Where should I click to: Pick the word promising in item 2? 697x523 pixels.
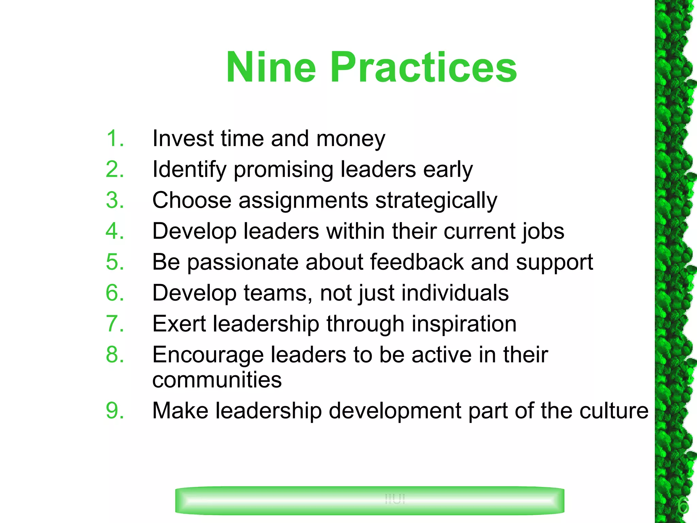(283, 170)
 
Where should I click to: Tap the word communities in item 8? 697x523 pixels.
(217, 380)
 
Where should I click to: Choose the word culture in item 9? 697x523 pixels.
(614, 411)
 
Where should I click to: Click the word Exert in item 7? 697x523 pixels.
(179, 324)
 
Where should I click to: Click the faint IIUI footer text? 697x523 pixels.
(395, 499)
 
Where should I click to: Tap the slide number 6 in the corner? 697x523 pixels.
(683, 506)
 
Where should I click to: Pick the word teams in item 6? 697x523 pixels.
(278, 293)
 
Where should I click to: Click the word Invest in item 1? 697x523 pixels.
(183, 139)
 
